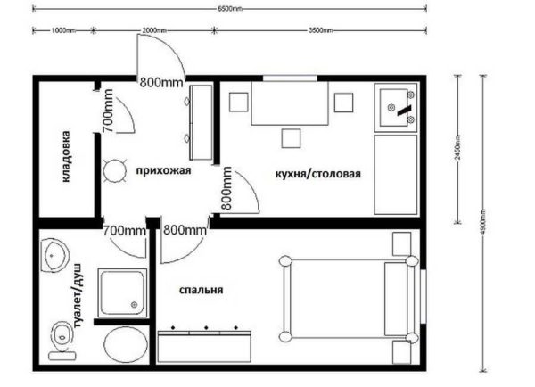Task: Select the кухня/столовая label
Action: [x=318, y=172]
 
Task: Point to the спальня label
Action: [x=200, y=290]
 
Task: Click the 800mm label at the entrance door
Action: [x=160, y=82]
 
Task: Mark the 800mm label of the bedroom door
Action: [x=185, y=230]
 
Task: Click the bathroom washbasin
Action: [x=55, y=255]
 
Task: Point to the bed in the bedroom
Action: [x=348, y=299]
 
